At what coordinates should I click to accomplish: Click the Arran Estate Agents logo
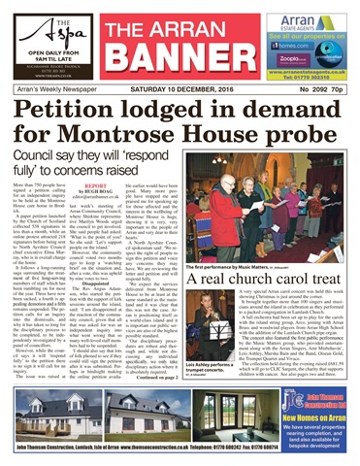click(x=310, y=17)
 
